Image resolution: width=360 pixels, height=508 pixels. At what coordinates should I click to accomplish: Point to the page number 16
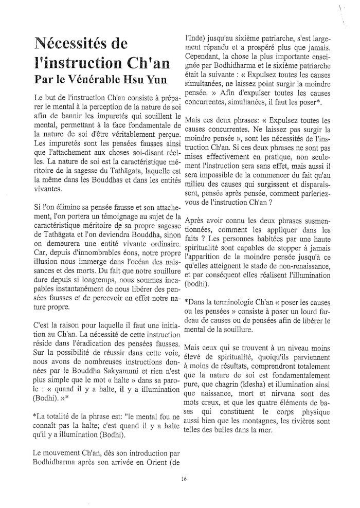pos(184,479)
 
